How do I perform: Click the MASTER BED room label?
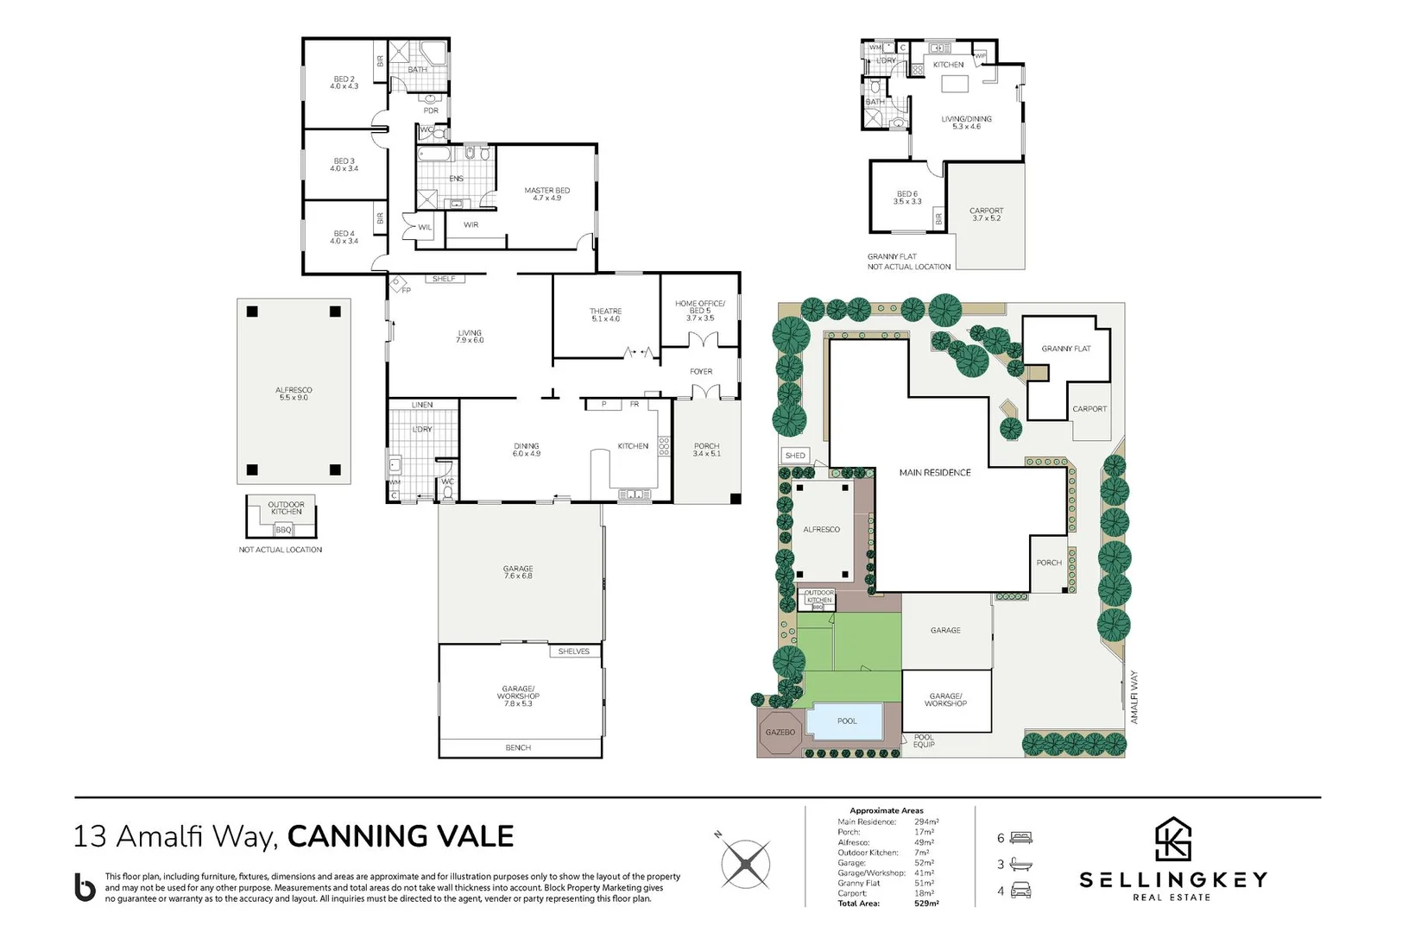(547, 194)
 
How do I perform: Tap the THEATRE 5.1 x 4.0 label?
(605, 315)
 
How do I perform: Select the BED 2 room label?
(344, 83)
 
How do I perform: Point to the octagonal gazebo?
(780, 733)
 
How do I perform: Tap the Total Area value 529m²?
(926, 904)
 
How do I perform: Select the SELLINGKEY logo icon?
(1173, 839)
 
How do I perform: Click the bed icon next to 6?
(1021, 838)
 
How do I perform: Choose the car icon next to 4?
(1021, 891)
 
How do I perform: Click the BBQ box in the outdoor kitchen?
(283, 530)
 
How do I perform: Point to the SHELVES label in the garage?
(573, 652)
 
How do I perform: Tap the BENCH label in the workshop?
(518, 748)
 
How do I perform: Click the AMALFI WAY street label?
(1134, 697)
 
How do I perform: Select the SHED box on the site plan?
(795, 456)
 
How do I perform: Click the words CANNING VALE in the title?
(400, 836)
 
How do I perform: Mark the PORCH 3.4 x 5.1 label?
(706, 450)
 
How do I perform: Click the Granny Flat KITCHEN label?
(948, 65)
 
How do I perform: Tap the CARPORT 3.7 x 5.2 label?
(986, 214)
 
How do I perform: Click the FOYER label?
(701, 372)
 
